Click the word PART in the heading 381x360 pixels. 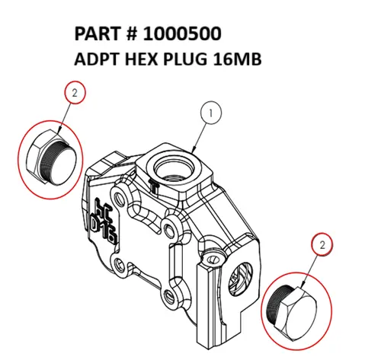point(97,35)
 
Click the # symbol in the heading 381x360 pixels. point(131,35)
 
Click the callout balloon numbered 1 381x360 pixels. point(212,114)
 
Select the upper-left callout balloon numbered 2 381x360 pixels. point(74,94)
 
